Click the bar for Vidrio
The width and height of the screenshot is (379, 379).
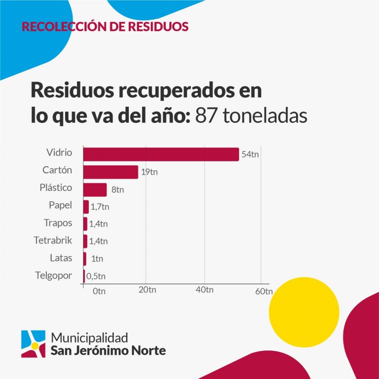[x=161, y=154]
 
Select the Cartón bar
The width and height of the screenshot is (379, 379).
[x=111, y=172]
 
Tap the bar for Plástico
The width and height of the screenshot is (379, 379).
[x=95, y=189]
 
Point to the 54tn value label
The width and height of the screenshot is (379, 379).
[x=250, y=154]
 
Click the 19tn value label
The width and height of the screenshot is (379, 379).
[x=149, y=172]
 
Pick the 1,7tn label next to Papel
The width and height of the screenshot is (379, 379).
[x=100, y=207]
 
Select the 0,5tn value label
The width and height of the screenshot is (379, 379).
[x=96, y=276]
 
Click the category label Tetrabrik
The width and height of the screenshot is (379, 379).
[x=53, y=240]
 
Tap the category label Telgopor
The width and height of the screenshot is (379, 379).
[x=54, y=275]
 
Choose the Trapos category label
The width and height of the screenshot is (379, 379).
[x=57, y=223]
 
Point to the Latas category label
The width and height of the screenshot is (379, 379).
[x=61, y=258]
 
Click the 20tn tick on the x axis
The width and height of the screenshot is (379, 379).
[x=147, y=290]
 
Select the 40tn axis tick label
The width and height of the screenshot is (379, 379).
[x=205, y=290]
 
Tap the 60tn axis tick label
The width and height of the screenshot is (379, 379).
[x=264, y=291]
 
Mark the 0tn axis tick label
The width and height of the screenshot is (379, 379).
[x=99, y=291]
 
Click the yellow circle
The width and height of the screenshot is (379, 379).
[x=304, y=312]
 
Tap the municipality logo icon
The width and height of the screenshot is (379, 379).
[x=33, y=343]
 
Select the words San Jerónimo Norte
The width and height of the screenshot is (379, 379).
[x=109, y=351]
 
